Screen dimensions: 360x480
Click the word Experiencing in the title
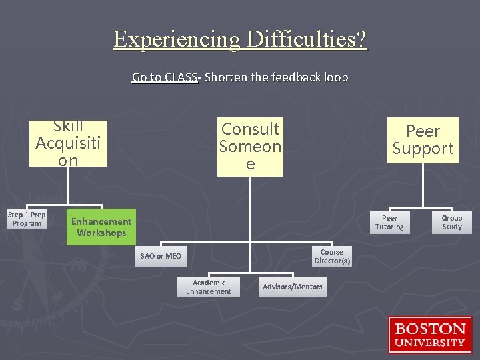pos(176,39)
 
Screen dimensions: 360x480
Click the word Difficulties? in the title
pos(306,39)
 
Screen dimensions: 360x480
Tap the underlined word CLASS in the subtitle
pos(181,77)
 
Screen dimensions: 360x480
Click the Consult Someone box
pos(250,146)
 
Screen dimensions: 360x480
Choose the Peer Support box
pos(423,140)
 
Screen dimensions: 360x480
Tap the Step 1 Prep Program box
pos(27,219)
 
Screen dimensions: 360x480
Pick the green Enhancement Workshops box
pos(101,227)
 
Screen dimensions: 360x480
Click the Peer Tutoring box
pos(389,223)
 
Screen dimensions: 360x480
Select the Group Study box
pos(451,223)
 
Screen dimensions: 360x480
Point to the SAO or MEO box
pos(161,256)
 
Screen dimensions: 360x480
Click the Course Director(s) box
pos(332,257)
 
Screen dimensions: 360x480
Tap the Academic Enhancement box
pos(209,287)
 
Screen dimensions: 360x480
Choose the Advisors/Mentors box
pos(292,287)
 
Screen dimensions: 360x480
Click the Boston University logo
pos(430,335)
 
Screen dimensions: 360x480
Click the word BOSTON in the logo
pos(430,329)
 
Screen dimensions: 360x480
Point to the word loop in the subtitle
pos(337,77)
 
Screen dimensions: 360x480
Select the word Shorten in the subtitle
pos(226,77)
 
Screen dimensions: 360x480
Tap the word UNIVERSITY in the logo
pos(430,343)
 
